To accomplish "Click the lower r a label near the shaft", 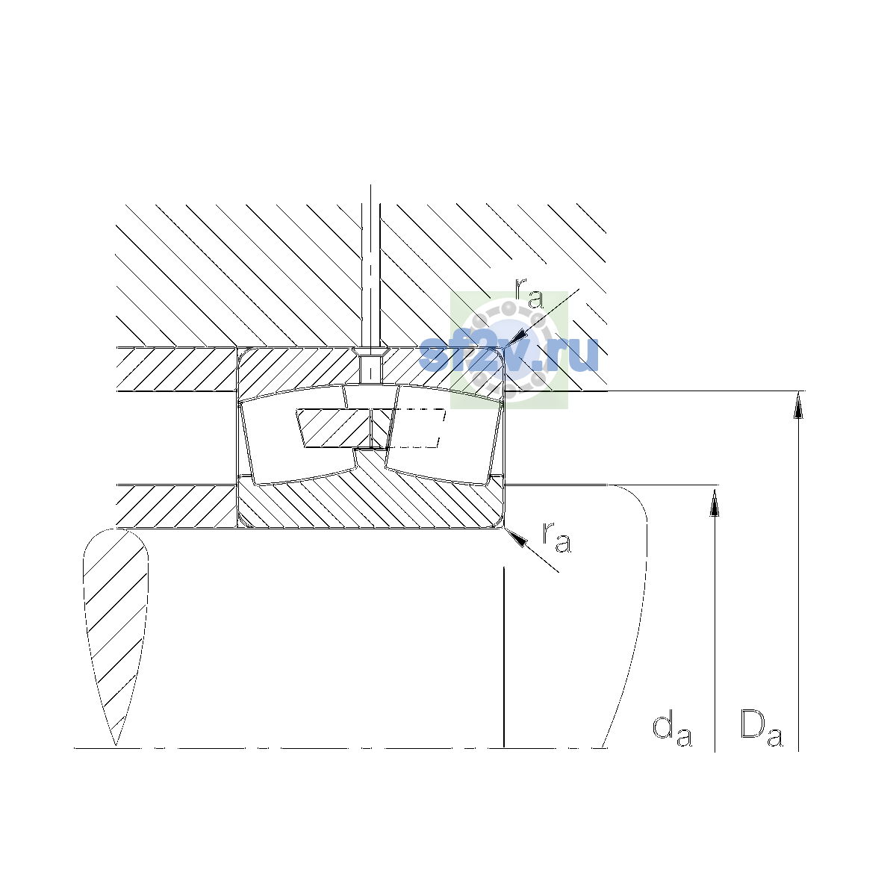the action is [x=556, y=538].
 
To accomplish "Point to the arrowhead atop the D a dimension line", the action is [x=798, y=405].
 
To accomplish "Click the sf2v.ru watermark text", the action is [x=508, y=355].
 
